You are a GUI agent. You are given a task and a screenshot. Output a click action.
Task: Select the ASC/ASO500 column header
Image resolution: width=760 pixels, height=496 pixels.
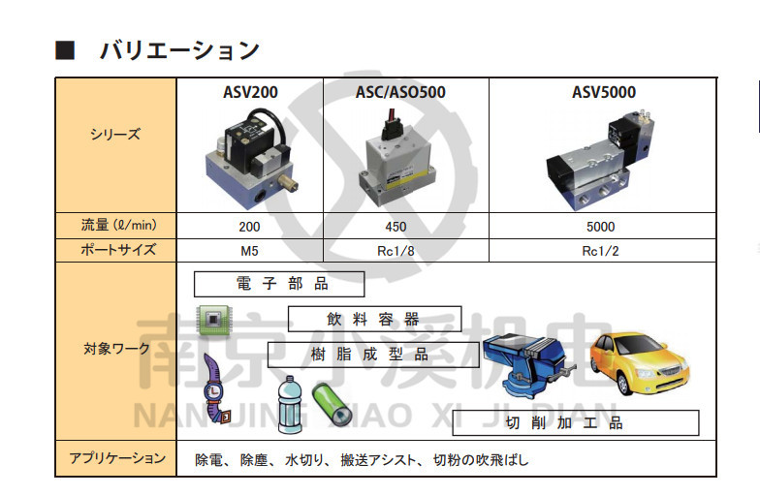400,94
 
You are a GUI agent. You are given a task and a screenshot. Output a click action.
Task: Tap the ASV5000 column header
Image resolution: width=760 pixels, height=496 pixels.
603,94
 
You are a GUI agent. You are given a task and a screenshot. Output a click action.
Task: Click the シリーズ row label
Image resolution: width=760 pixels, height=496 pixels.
114,135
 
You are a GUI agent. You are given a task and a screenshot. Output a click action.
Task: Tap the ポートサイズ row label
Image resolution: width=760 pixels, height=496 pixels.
114,250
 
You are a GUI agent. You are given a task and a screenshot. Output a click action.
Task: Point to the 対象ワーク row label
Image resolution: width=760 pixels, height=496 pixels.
114,349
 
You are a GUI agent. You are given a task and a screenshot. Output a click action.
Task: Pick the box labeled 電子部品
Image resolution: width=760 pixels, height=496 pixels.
279,284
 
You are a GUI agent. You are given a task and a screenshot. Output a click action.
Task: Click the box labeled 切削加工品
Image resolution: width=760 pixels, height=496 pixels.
561,422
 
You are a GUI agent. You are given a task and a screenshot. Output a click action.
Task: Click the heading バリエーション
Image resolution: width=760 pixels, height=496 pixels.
179,49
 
